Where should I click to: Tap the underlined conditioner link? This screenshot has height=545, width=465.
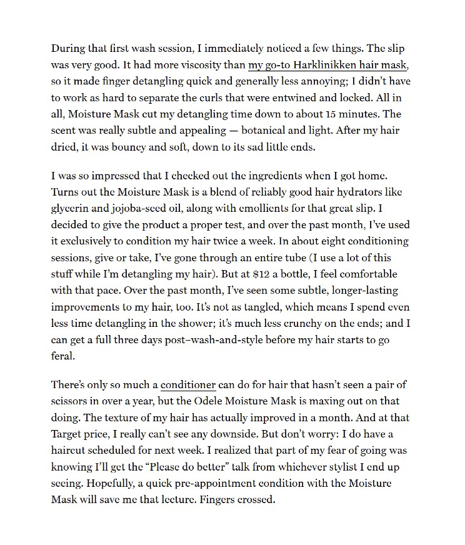click(188, 385)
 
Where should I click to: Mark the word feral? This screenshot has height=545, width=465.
click(62, 355)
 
